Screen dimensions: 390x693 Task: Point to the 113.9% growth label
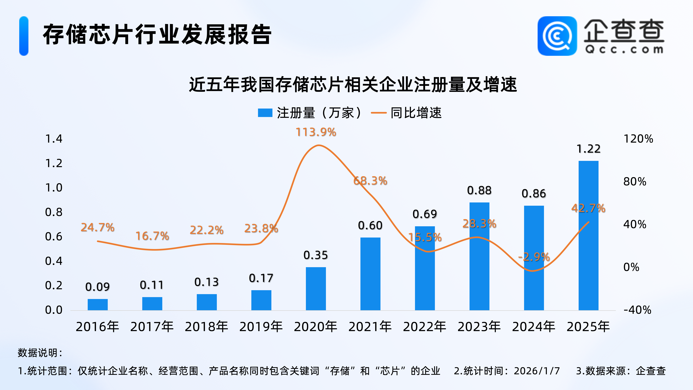coord(316,132)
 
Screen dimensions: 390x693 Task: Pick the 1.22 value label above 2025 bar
coord(588,149)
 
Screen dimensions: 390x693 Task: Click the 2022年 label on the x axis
coord(424,327)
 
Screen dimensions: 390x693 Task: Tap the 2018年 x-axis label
coord(206,327)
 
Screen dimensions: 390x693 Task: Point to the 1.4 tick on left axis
coord(54,139)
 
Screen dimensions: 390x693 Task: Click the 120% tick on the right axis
coord(638,139)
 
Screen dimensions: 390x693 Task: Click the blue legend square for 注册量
coord(265,113)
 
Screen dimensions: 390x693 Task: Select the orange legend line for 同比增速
coord(379,113)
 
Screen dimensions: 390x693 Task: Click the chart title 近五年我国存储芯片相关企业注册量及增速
coord(353,84)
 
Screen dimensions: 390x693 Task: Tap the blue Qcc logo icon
coord(557,36)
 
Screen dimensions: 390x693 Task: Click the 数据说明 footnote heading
coord(40,353)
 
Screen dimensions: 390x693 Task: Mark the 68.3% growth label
coord(370,181)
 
